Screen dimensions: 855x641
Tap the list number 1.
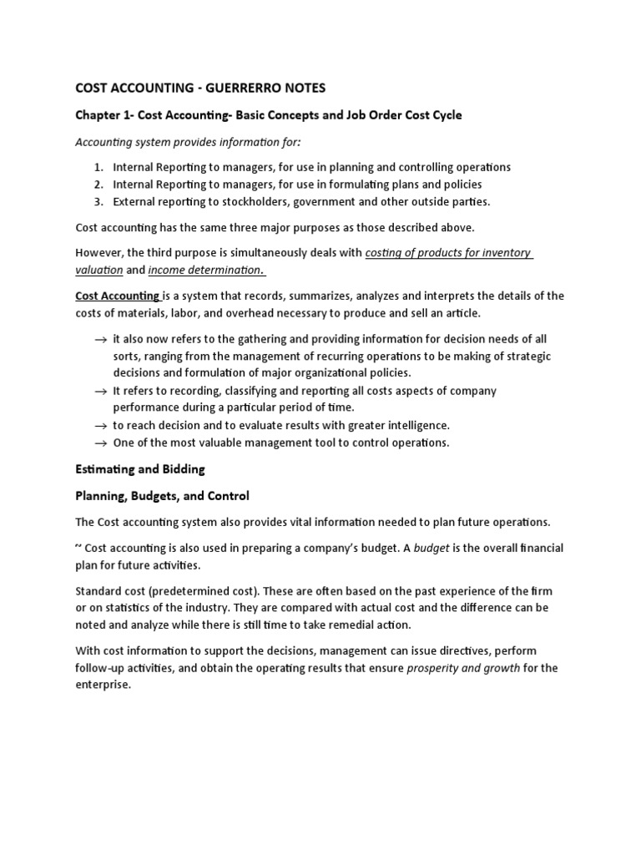coord(98,167)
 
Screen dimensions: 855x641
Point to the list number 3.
coord(98,201)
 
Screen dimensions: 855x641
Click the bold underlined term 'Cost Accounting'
coord(118,296)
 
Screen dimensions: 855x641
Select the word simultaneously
coord(281,253)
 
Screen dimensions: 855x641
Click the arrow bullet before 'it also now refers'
coord(100,340)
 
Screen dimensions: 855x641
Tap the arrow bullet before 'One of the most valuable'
coord(100,443)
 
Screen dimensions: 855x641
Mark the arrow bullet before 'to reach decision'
coord(100,426)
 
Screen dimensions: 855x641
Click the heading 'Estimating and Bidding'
coord(140,469)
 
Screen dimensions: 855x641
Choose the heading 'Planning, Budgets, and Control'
coord(163,496)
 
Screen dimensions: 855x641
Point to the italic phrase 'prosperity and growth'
coord(462,668)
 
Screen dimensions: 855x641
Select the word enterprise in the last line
coord(103,684)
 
